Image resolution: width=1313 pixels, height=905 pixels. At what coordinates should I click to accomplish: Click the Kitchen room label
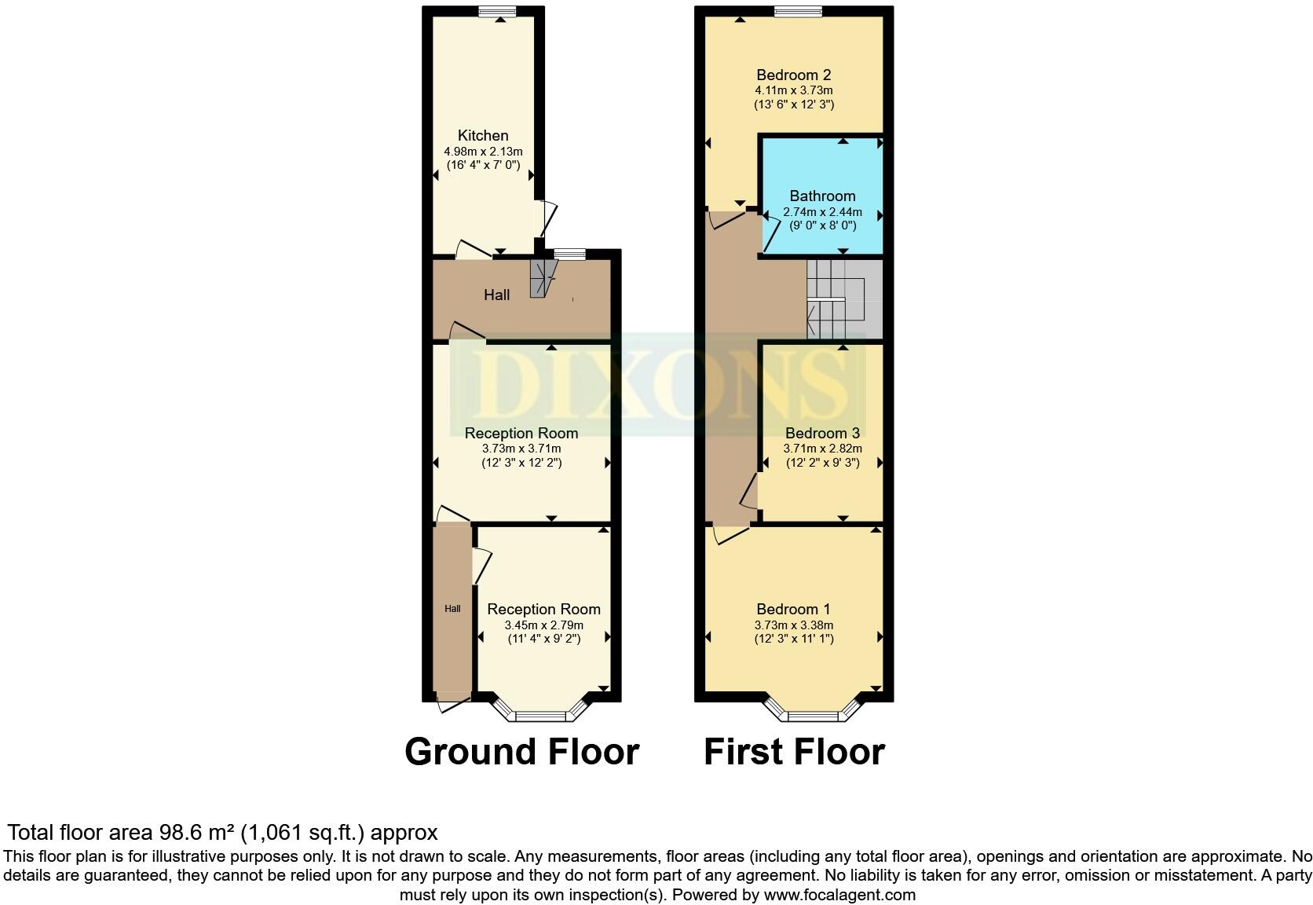(483, 136)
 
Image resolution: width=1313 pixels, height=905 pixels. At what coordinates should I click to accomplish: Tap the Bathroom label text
(822, 196)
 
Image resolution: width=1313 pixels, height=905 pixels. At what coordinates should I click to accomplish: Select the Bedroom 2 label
(793, 75)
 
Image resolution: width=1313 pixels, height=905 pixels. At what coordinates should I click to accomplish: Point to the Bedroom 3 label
(822, 433)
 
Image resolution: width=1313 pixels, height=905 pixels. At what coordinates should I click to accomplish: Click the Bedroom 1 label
(793, 610)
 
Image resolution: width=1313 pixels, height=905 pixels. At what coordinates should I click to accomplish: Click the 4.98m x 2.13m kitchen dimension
(483, 152)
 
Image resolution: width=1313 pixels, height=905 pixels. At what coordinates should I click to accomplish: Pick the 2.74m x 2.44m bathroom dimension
(822, 212)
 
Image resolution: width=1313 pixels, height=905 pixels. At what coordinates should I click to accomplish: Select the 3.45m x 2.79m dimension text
(543, 625)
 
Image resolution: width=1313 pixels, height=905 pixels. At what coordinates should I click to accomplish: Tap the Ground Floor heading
(521, 752)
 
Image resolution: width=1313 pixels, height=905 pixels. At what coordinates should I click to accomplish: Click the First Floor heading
(794, 752)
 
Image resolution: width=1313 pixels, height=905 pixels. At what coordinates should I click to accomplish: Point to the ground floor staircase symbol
(542, 278)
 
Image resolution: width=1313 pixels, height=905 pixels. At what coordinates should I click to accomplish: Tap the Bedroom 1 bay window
(813, 712)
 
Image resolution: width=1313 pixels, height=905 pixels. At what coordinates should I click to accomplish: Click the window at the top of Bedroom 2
(798, 11)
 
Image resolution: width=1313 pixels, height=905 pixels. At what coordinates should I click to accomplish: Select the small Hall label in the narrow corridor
(452, 609)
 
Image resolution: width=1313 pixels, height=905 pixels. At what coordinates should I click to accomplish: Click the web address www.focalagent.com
(839, 894)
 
